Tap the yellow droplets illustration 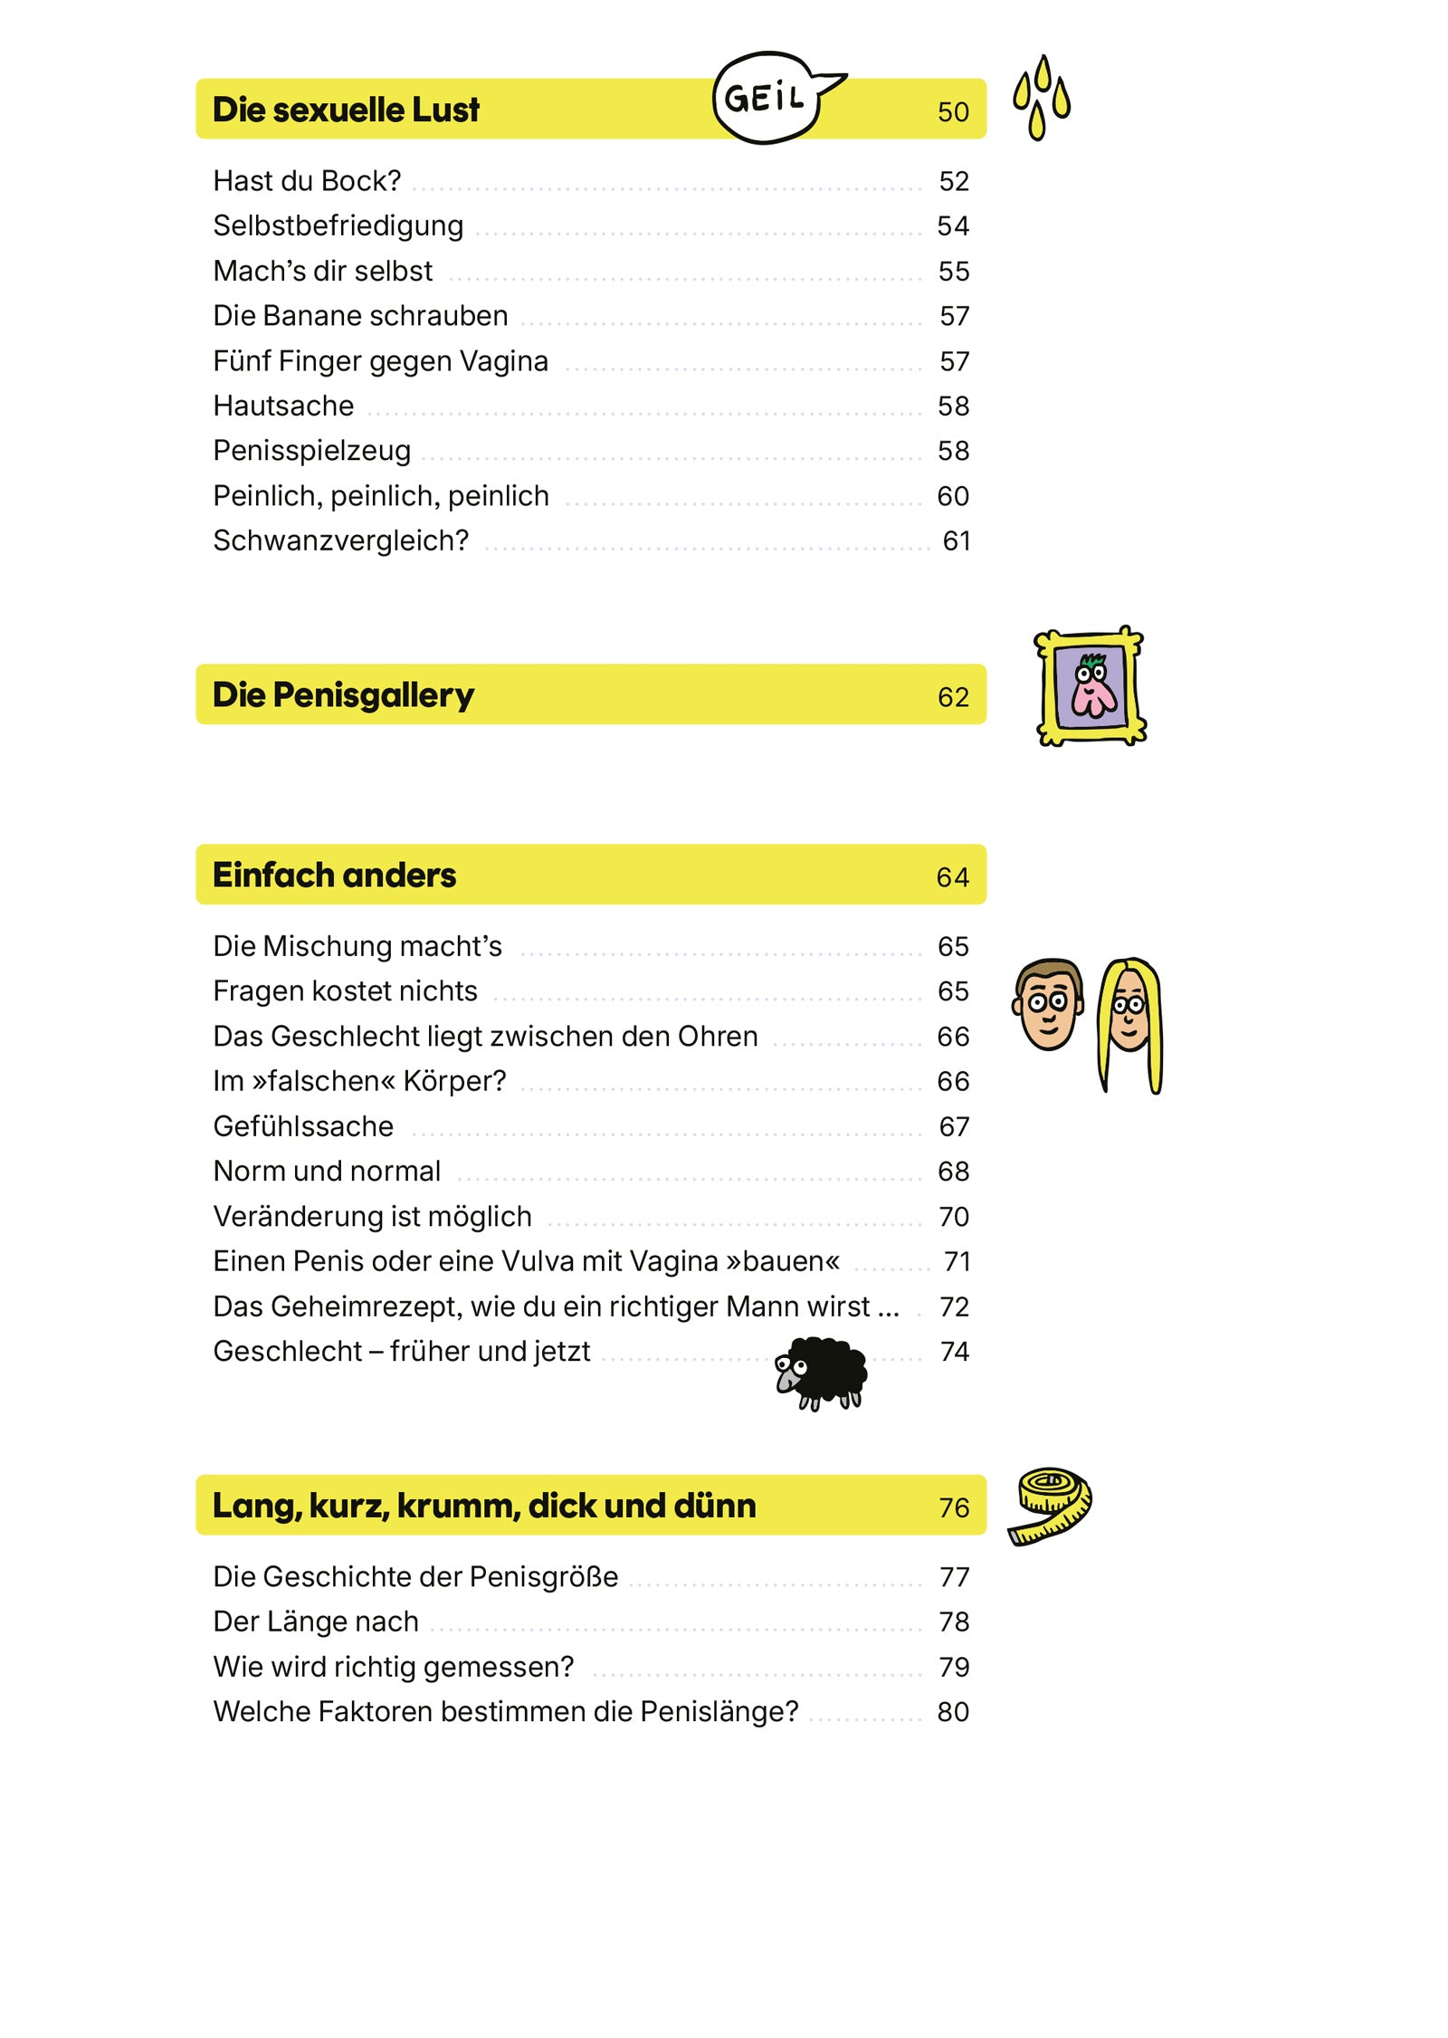click(1042, 97)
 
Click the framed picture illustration click(1091, 687)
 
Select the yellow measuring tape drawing click(1050, 1505)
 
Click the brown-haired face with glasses click(1048, 1004)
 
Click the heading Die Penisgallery click(343, 695)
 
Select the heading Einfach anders click(334, 875)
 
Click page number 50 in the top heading click(953, 111)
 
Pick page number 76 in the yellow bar click(954, 1507)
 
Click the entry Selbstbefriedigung click(338, 225)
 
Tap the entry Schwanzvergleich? click(340, 541)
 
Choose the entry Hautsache click(283, 406)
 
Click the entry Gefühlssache click(303, 1126)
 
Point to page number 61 click(956, 541)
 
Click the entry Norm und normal click(327, 1172)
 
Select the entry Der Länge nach click(316, 1622)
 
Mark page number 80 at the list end click(953, 1712)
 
